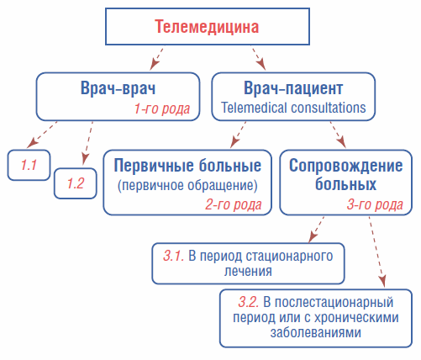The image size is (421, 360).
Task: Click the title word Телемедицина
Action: [207, 27]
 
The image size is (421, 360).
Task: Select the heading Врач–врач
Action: [118, 88]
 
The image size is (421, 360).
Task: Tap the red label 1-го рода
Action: [162, 109]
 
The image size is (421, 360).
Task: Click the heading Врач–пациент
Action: [293, 88]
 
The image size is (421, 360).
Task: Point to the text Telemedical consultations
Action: [293, 108]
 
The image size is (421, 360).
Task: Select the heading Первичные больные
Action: [187, 166]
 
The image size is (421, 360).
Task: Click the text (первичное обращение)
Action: [187, 185]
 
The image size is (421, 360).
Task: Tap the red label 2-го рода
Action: [234, 204]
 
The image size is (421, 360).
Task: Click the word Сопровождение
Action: [346, 166]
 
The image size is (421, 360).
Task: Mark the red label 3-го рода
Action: [375, 204]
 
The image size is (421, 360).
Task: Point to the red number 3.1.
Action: [174, 256]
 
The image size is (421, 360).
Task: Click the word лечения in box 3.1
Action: [248, 271]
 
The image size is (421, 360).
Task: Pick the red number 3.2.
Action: [249, 302]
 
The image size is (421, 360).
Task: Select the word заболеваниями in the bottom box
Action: [316, 333]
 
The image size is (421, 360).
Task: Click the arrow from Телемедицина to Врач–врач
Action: [156, 59]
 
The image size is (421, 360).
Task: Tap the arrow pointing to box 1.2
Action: [87, 143]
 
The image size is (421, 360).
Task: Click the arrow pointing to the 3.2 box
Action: [376, 251]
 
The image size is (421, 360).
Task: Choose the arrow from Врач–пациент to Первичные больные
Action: [238, 135]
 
